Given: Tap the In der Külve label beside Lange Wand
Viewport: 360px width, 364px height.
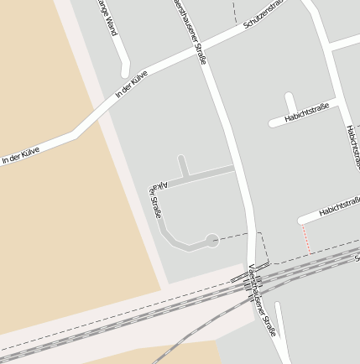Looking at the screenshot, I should point(132,85).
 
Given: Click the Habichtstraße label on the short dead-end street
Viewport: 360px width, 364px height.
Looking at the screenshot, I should point(306,113).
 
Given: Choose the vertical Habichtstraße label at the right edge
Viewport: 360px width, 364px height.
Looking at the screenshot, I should point(352,146).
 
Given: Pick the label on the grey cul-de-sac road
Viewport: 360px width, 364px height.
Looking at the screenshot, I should point(155,198).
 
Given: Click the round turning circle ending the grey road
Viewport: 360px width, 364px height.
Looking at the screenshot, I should point(212,240).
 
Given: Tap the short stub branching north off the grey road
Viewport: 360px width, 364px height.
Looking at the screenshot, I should point(182,164).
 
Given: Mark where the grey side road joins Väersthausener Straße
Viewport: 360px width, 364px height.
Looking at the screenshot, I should point(235,169).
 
